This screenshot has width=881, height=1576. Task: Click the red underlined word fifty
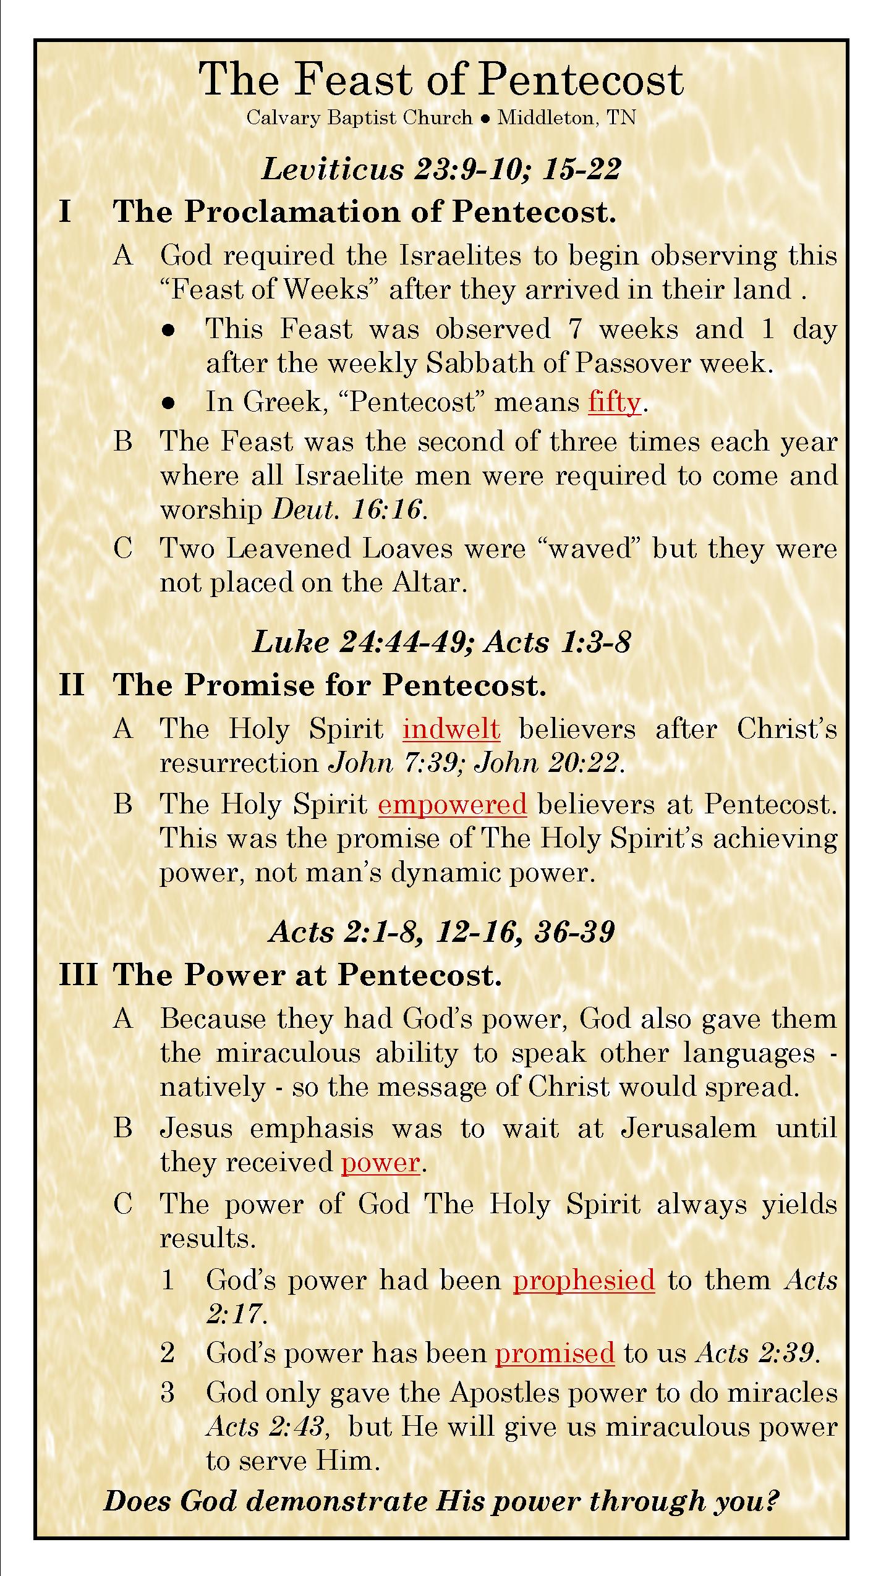coord(615,403)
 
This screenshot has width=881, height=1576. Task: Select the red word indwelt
coord(451,729)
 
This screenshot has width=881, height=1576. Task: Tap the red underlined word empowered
coord(452,805)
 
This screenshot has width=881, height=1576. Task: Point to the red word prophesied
coord(584,1280)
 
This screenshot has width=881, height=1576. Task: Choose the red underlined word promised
coord(555,1354)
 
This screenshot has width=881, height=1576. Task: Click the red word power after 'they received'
coord(380,1163)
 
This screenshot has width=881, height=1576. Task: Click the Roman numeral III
coord(78,975)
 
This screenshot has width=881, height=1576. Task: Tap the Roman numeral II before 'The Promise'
coord(72,685)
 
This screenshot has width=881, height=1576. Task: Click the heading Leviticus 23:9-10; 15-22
coord(441,169)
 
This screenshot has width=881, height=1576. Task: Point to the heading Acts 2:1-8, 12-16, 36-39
coord(441,932)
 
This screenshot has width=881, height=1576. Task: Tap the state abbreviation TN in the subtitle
coord(621,118)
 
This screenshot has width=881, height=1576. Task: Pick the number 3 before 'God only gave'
coord(168,1394)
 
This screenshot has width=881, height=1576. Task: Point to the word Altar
coord(428,583)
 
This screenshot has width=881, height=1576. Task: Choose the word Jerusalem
coord(688,1129)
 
